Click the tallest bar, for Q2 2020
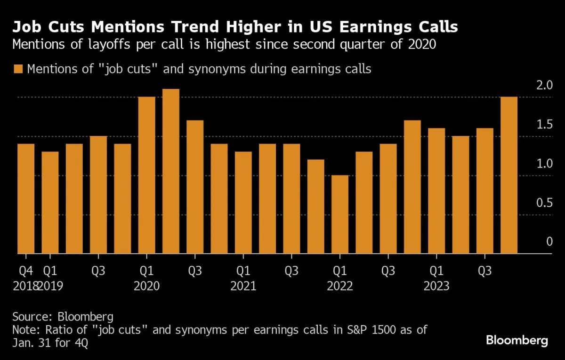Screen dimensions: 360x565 click(x=171, y=171)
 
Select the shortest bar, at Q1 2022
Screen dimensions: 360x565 click(x=340, y=215)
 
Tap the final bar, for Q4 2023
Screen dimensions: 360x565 click(x=509, y=175)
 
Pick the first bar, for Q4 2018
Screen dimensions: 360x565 click(x=26, y=199)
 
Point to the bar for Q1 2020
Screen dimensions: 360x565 click(x=147, y=175)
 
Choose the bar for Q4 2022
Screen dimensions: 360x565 click(x=412, y=187)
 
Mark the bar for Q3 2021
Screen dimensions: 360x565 click(x=291, y=199)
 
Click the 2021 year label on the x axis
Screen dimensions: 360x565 click(x=243, y=286)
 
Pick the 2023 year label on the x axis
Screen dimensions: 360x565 click(x=436, y=286)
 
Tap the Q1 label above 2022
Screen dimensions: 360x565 click(x=340, y=271)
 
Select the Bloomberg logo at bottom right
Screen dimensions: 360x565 click(x=517, y=340)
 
